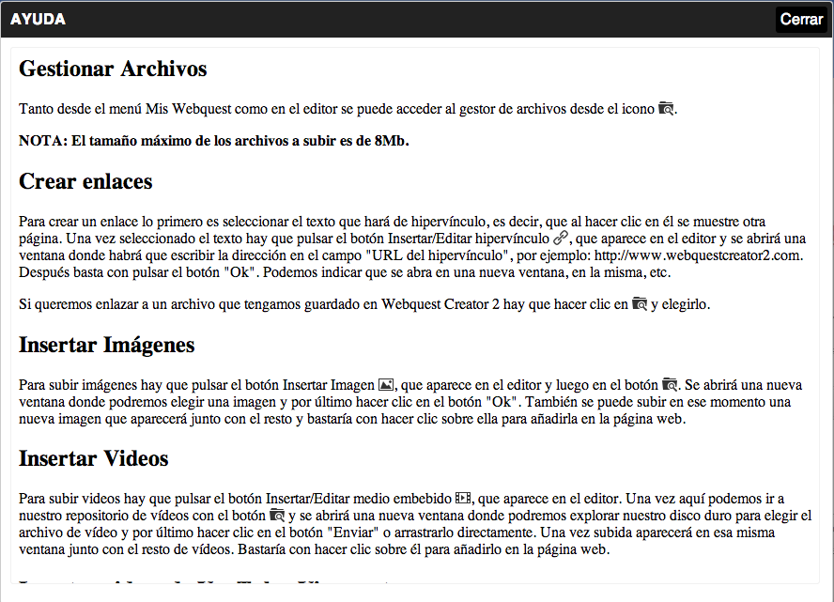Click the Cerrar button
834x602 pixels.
coord(801,20)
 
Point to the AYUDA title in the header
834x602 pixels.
coord(38,20)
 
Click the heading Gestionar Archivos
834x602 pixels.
coord(113,69)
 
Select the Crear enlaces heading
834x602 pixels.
coord(85,181)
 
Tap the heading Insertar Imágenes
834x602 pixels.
coord(107,345)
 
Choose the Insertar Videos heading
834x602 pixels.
coord(94,458)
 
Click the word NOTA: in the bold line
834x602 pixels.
coord(43,141)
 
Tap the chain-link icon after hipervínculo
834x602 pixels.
coord(562,239)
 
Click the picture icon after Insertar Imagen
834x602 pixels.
coord(386,385)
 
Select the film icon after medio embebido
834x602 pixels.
coord(462,498)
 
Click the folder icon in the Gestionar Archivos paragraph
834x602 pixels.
coord(667,108)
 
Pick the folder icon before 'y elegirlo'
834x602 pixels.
coord(640,304)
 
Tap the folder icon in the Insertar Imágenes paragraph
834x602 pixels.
coord(670,385)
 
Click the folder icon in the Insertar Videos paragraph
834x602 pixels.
coord(277,516)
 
